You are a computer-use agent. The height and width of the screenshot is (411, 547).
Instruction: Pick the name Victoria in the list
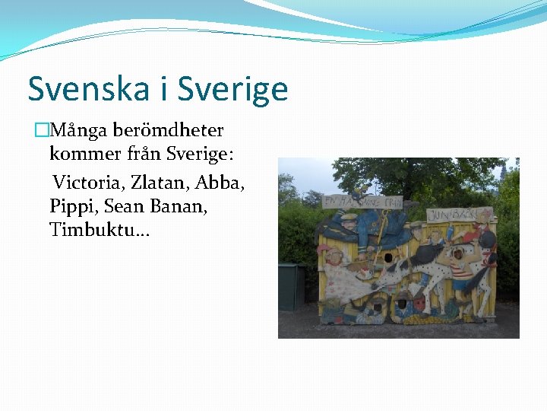pos(88,183)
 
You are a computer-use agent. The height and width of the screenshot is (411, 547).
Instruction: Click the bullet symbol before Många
pos(41,131)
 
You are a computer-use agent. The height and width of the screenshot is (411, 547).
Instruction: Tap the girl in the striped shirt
pos(461,270)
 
